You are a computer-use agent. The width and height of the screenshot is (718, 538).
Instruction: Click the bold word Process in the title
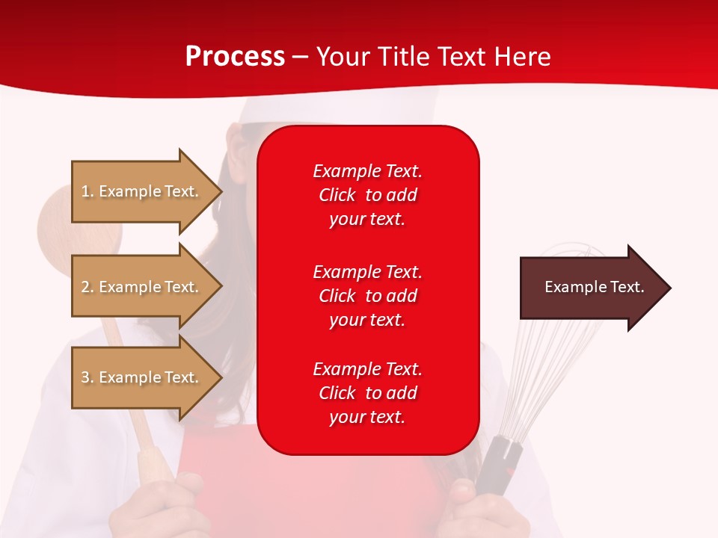pyautogui.click(x=235, y=57)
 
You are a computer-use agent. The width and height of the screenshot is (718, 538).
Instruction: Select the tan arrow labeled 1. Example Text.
pyautogui.click(x=142, y=191)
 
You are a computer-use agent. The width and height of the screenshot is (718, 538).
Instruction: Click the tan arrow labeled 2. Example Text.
pyautogui.click(x=142, y=287)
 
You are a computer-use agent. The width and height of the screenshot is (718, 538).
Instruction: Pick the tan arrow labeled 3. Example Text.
pyautogui.click(x=142, y=377)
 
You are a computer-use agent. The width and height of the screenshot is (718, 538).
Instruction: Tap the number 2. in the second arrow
pyautogui.click(x=88, y=287)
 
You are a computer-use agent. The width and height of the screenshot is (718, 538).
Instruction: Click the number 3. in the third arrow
pyautogui.click(x=88, y=377)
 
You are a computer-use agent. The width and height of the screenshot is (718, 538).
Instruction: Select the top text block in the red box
pyautogui.click(x=367, y=195)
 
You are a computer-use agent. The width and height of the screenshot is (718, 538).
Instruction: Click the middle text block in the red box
pyautogui.click(x=367, y=296)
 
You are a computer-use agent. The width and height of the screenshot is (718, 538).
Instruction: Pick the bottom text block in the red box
pyautogui.click(x=367, y=393)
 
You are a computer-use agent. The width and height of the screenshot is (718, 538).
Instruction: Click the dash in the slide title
pyautogui.click(x=300, y=57)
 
